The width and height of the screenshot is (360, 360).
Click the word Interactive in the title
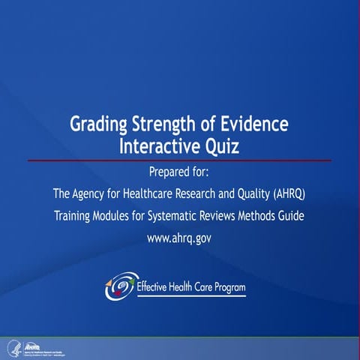click(159, 145)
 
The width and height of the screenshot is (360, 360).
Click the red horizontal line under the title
click(180, 160)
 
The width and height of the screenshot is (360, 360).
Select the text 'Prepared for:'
click(180, 173)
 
